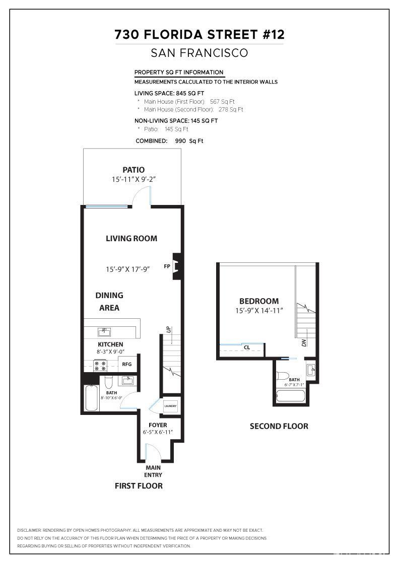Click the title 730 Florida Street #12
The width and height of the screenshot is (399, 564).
tap(199, 34)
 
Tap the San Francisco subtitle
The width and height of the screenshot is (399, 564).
tap(199, 53)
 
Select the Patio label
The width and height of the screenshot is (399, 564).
tap(134, 170)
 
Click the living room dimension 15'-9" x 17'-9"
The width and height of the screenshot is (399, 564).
tap(127, 269)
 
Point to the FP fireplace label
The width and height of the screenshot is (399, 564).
tap(166, 266)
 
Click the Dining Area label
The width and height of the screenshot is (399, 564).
tap(109, 301)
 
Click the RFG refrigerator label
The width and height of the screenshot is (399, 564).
tap(127, 364)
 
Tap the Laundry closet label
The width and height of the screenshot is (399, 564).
tap(171, 406)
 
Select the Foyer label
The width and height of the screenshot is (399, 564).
tap(158, 425)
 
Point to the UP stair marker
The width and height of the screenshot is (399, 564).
tap(168, 330)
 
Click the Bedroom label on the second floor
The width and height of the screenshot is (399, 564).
tap(259, 301)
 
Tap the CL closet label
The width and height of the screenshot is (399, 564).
tap(247, 347)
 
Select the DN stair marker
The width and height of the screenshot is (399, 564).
tap(304, 343)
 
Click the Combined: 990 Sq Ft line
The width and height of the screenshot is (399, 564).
tap(169, 141)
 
